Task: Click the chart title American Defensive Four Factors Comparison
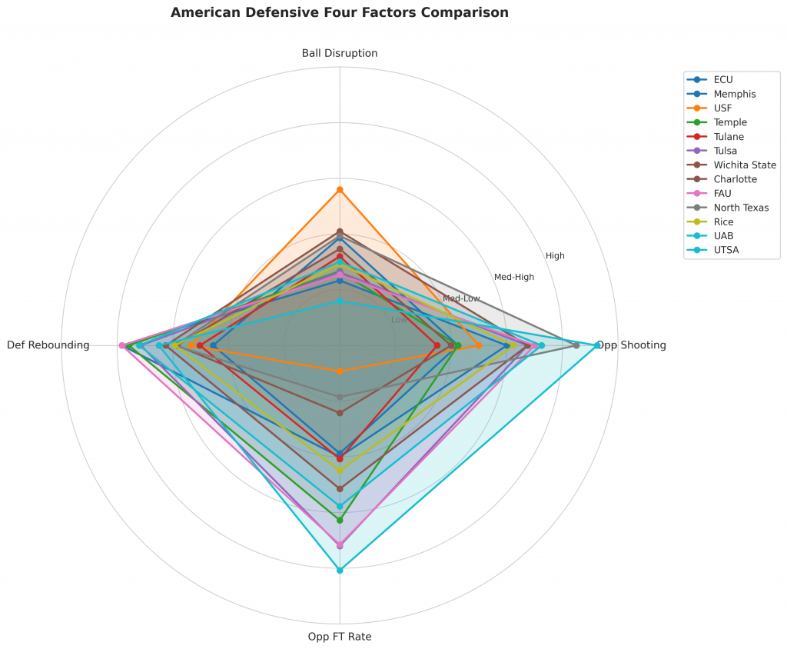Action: (x=339, y=13)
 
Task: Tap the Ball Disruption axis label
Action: (x=340, y=54)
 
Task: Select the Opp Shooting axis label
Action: (x=632, y=345)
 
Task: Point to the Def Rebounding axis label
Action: (x=48, y=345)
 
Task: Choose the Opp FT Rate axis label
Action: (x=340, y=637)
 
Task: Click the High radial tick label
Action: (x=555, y=256)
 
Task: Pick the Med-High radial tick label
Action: (x=514, y=277)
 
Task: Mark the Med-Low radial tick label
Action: (x=461, y=298)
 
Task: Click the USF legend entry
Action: (x=722, y=108)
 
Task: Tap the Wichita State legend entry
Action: (x=744, y=165)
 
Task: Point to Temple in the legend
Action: (x=729, y=122)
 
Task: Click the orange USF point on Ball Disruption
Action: (x=340, y=189)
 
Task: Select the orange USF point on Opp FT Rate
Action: (x=340, y=371)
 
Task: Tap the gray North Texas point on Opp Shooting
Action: (x=576, y=345)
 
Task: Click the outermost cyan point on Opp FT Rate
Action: (x=340, y=570)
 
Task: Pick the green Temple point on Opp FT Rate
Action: (x=340, y=520)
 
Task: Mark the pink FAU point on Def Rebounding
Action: (x=121, y=345)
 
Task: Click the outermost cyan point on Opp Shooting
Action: (x=597, y=345)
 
